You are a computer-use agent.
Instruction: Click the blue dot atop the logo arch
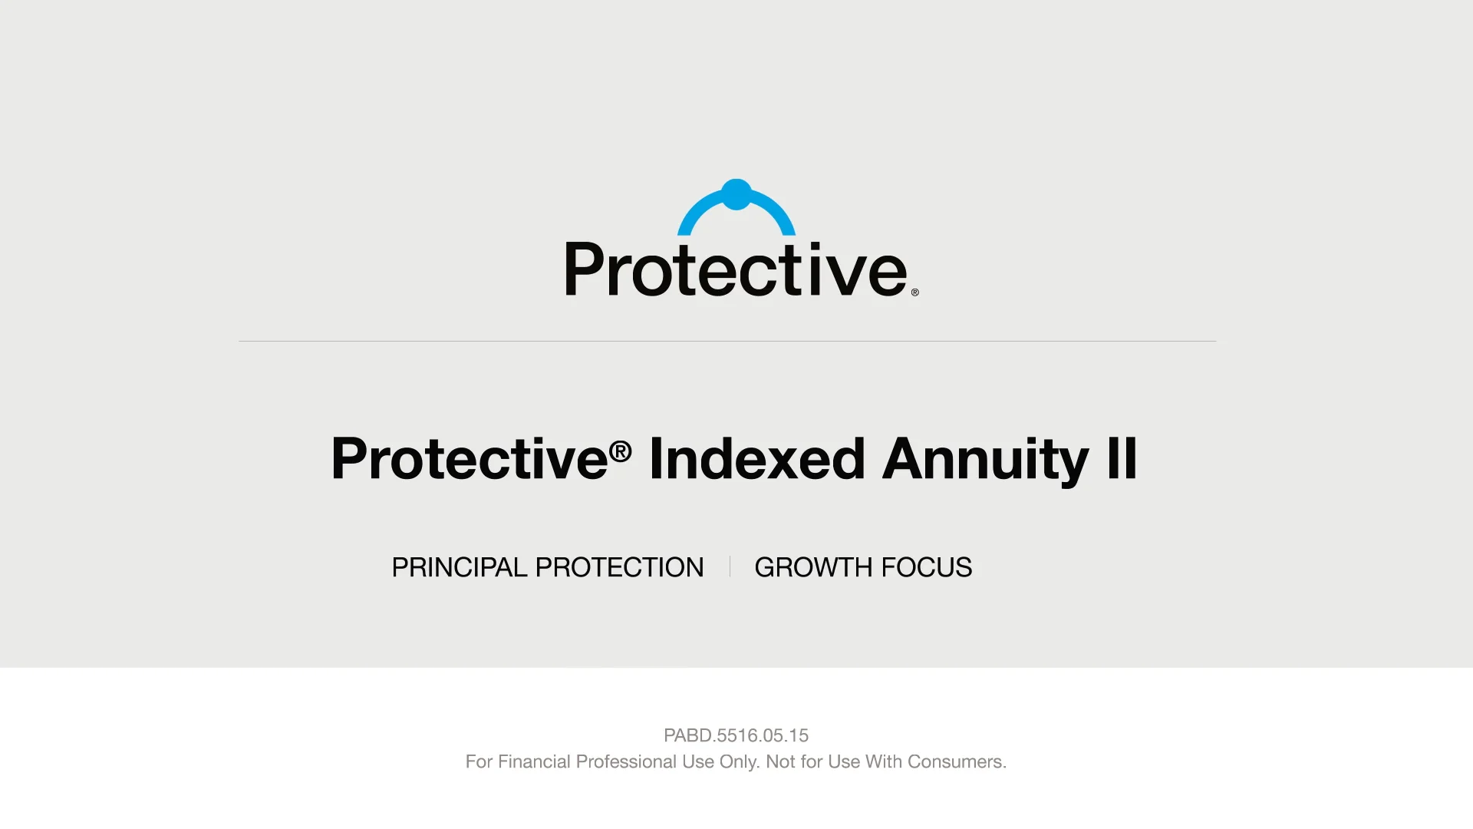pyautogui.click(x=736, y=194)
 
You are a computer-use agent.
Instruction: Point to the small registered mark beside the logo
pyautogui.click(x=914, y=292)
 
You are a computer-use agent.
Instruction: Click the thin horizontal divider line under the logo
pyautogui.click(x=727, y=341)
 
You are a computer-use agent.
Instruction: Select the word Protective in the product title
pyautogui.click(x=469, y=459)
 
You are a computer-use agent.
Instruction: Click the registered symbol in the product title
pyautogui.click(x=621, y=451)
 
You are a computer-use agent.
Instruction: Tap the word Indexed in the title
pyautogui.click(x=757, y=459)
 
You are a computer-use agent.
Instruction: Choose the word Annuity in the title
pyautogui.click(x=985, y=459)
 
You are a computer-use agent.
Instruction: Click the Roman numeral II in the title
pyautogui.click(x=1122, y=459)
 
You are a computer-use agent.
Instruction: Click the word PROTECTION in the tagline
pyautogui.click(x=619, y=567)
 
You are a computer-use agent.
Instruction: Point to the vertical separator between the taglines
pyautogui.click(x=730, y=567)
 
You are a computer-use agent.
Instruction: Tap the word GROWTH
pyautogui.click(x=813, y=567)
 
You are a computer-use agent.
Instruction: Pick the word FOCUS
pyautogui.click(x=927, y=567)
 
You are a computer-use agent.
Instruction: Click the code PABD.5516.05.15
pyautogui.click(x=736, y=735)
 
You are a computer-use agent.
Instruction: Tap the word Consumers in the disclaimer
pyautogui.click(x=957, y=761)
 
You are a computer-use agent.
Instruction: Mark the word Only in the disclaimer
pyautogui.click(x=739, y=761)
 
